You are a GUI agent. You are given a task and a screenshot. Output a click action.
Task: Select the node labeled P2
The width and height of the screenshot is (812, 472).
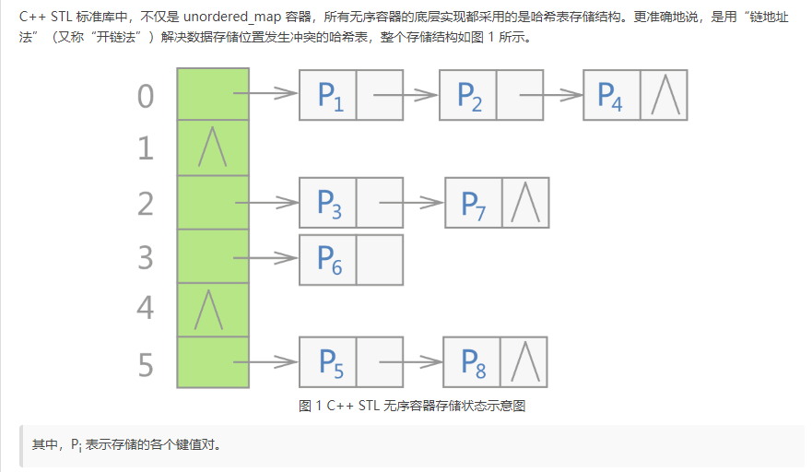(469, 95)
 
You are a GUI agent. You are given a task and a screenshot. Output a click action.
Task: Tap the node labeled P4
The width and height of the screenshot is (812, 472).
(611, 95)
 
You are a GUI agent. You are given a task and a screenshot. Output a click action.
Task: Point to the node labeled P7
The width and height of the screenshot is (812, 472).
(474, 203)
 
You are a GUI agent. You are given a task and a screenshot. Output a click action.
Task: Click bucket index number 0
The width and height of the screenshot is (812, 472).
(146, 96)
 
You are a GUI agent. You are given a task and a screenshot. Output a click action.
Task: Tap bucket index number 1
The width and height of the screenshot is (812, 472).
(146, 148)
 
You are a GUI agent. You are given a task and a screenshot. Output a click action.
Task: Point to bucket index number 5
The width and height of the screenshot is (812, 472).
(146, 365)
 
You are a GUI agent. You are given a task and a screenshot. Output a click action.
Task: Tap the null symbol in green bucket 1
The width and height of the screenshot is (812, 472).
(211, 148)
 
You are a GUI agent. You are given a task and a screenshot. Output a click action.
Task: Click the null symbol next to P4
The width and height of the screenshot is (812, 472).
(663, 95)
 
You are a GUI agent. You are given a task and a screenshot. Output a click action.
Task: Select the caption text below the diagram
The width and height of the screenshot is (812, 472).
(412, 406)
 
